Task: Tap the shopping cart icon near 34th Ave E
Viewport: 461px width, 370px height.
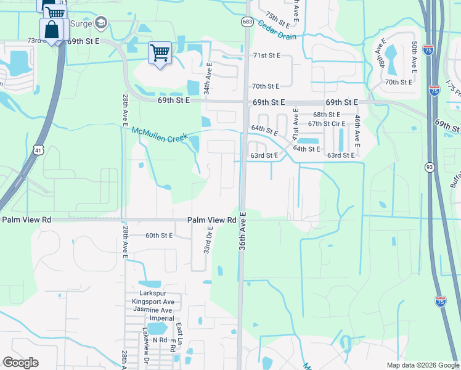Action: pyautogui.click(x=160, y=54)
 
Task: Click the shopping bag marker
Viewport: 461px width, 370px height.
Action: pyautogui.click(x=52, y=30)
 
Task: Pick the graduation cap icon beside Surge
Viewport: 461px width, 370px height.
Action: pyautogui.click(x=101, y=24)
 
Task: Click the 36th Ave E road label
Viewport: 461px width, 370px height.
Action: pyautogui.click(x=242, y=240)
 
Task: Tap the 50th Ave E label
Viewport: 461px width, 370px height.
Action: pyautogui.click(x=414, y=56)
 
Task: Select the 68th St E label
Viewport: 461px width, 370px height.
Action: pyautogui.click(x=327, y=115)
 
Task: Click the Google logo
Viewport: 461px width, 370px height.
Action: pyautogui.click(x=20, y=363)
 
